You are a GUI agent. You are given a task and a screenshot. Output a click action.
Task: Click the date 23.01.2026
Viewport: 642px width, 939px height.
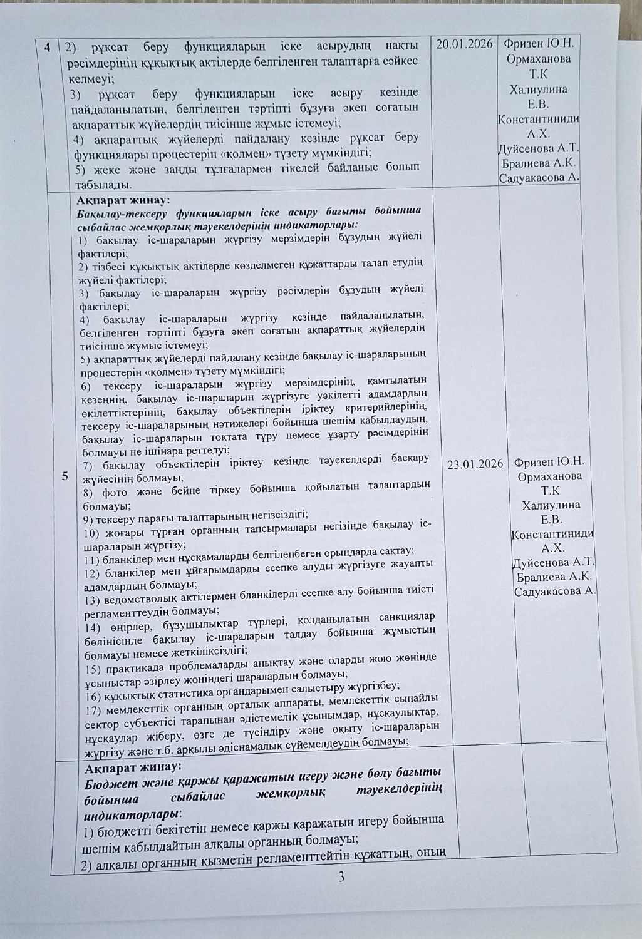[x=475, y=463]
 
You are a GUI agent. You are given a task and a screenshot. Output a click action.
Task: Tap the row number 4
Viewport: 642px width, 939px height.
[x=48, y=48]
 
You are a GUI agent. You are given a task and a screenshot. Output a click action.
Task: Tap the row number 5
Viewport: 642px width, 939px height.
[x=65, y=476]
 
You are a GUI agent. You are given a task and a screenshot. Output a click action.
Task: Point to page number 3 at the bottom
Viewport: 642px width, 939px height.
[x=341, y=876]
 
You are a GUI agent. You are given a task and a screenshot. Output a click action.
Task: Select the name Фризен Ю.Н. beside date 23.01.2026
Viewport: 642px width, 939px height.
[x=549, y=462]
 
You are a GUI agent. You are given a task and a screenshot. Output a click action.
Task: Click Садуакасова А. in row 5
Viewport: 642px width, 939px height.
[x=554, y=592]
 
